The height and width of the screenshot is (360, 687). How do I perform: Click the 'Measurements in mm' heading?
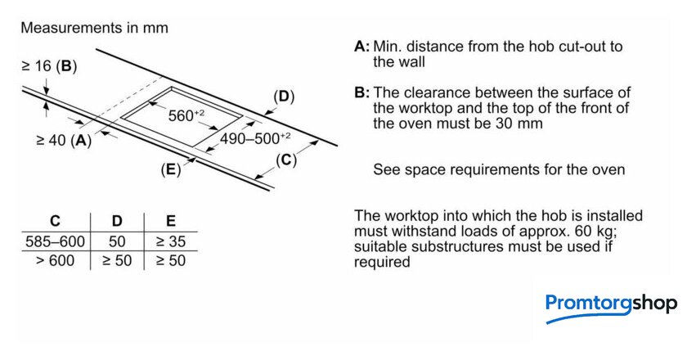[94, 28]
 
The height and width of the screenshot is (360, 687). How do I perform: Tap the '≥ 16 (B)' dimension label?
[48, 65]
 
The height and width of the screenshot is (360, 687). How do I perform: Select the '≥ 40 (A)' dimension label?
[63, 140]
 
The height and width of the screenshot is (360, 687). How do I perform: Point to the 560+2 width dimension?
[185, 115]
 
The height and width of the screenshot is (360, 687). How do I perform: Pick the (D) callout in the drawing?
[283, 97]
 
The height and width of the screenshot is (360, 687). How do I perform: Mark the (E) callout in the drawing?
[171, 169]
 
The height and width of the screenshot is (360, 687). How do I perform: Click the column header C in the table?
[54, 221]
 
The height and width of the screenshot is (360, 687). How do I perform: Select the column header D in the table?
[116, 221]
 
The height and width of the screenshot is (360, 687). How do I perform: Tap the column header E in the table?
[170, 221]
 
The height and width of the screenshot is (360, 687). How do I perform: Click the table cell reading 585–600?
[54, 241]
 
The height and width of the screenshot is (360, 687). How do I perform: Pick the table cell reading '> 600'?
[54, 260]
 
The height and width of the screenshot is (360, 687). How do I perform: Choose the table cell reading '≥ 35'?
[170, 241]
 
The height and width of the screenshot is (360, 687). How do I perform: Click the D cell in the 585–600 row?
[116, 241]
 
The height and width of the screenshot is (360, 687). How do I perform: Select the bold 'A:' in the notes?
[362, 47]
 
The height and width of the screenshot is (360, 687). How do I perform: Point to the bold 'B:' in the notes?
[362, 92]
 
